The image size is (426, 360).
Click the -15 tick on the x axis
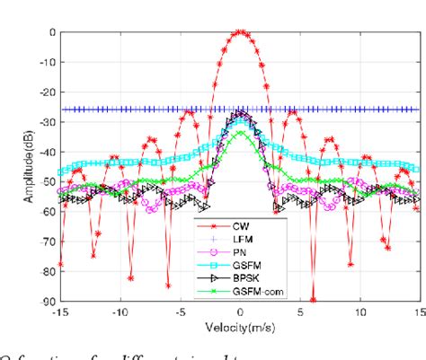59,312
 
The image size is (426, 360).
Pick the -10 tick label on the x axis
120,312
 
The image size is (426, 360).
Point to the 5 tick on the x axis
301,312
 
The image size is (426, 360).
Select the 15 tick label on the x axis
420,312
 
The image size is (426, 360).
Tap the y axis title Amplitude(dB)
17,166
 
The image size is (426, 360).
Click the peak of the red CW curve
240,31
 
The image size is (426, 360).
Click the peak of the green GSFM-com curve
240,133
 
